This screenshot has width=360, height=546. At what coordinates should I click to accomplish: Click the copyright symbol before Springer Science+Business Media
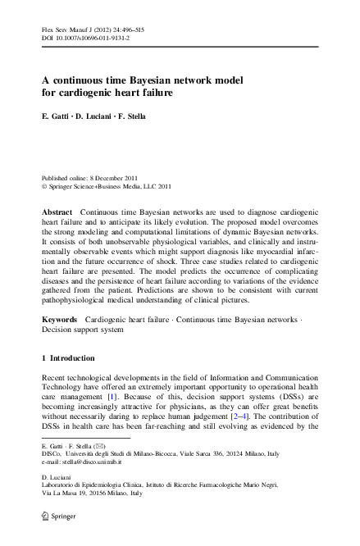click(x=44, y=185)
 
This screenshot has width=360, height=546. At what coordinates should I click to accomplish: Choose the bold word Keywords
click(x=60, y=316)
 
